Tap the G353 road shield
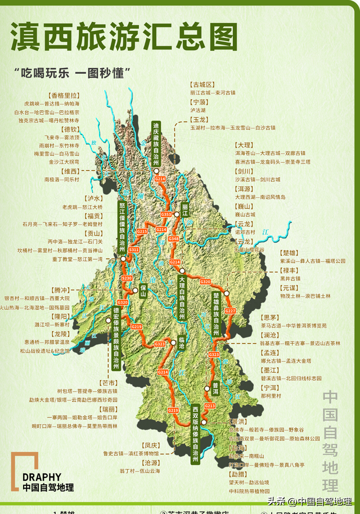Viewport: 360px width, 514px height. pyautogui.click(x=166, y=215)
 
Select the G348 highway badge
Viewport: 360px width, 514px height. pyautogui.click(x=173, y=239)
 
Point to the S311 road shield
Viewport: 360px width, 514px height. pyautogui.click(x=134, y=249)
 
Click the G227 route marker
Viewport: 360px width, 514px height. pyautogui.click(x=230, y=310)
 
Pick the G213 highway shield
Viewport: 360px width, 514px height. pyautogui.click(x=210, y=405)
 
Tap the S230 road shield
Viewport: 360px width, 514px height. pyautogui.click(x=127, y=278)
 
